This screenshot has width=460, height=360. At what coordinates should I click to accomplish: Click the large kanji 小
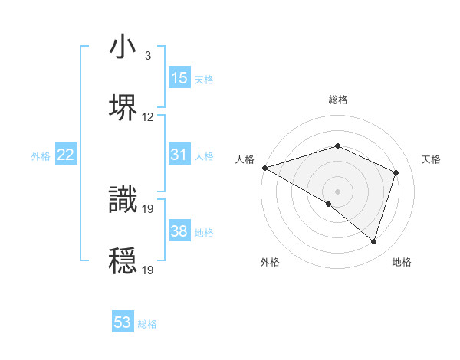tap(123, 48)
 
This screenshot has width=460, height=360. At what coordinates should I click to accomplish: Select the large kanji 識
tap(123, 198)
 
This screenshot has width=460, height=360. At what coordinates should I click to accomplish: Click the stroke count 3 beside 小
tap(147, 56)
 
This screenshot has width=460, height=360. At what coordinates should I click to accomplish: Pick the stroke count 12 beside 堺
tap(148, 117)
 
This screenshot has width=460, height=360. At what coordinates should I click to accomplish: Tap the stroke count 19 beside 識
tap(149, 208)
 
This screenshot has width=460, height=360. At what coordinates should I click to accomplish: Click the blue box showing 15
tap(179, 78)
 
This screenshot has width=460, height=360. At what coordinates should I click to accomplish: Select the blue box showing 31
tap(179, 155)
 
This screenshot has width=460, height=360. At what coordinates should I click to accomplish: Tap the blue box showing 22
tap(66, 155)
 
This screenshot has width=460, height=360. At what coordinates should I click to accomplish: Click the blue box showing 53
tap(123, 322)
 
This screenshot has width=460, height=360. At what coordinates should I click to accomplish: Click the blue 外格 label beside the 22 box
tap(41, 156)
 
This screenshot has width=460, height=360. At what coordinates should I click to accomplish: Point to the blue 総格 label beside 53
tap(147, 324)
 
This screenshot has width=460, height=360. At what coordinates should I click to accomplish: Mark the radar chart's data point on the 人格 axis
tap(264, 168)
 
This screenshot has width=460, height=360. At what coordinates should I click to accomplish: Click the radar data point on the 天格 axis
tap(396, 172)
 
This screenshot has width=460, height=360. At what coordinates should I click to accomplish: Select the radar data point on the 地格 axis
tap(373, 241)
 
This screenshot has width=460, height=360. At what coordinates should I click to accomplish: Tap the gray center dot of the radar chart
tap(337, 191)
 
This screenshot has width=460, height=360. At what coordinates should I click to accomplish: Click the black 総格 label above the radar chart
tap(337, 100)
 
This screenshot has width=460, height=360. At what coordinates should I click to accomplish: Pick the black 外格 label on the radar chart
tap(270, 263)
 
